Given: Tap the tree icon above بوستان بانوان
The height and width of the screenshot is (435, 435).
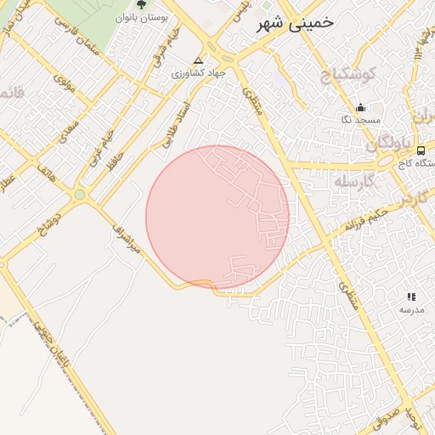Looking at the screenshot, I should (x=142, y=4).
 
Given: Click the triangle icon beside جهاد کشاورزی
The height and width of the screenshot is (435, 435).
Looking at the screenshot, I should (x=198, y=61).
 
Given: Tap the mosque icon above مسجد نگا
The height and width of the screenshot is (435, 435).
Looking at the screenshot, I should (x=360, y=108).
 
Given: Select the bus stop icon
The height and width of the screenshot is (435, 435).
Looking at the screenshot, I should (x=422, y=150).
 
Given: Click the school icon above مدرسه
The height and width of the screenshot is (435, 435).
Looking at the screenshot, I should (x=411, y=297).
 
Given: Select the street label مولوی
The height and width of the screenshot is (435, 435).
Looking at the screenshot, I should (x=65, y=83).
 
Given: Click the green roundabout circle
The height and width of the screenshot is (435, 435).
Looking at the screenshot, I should (x=80, y=195).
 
